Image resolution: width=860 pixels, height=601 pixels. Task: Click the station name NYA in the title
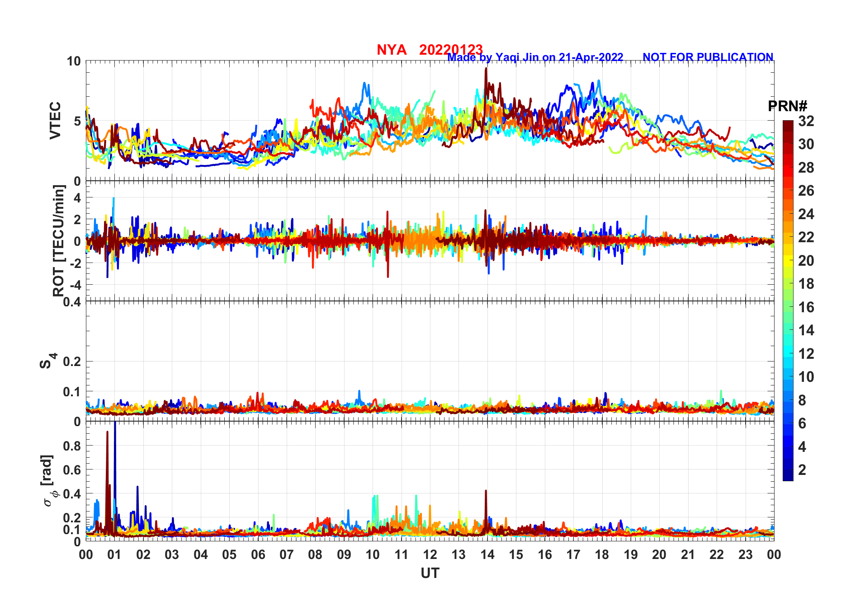(x=392, y=50)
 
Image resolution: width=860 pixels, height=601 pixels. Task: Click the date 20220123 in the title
(x=451, y=50)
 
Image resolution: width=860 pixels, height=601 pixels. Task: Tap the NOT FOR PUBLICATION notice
(x=708, y=57)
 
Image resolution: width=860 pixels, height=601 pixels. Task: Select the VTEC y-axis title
(x=55, y=121)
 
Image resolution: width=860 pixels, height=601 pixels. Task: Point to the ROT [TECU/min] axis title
(x=59, y=241)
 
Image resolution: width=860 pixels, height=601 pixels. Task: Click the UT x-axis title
(x=430, y=573)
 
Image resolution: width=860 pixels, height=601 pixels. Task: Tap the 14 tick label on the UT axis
(x=487, y=555)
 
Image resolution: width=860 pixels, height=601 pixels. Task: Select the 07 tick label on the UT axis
(x=287, y=555)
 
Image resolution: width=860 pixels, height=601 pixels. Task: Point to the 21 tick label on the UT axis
(x=688, y=555)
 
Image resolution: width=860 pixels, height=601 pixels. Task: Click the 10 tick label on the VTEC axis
(x=74, y=61)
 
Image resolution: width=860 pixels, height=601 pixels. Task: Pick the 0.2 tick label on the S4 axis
(x=72, y=362)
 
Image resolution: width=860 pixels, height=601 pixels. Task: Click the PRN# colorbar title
(x=787, y=106)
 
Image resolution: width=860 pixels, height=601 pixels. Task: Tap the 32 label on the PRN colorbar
(x=806, y=121)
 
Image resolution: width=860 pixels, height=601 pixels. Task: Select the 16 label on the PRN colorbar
(x=806, y=307)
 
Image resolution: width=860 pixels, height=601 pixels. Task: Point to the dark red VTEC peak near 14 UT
(x=486, y=69)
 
